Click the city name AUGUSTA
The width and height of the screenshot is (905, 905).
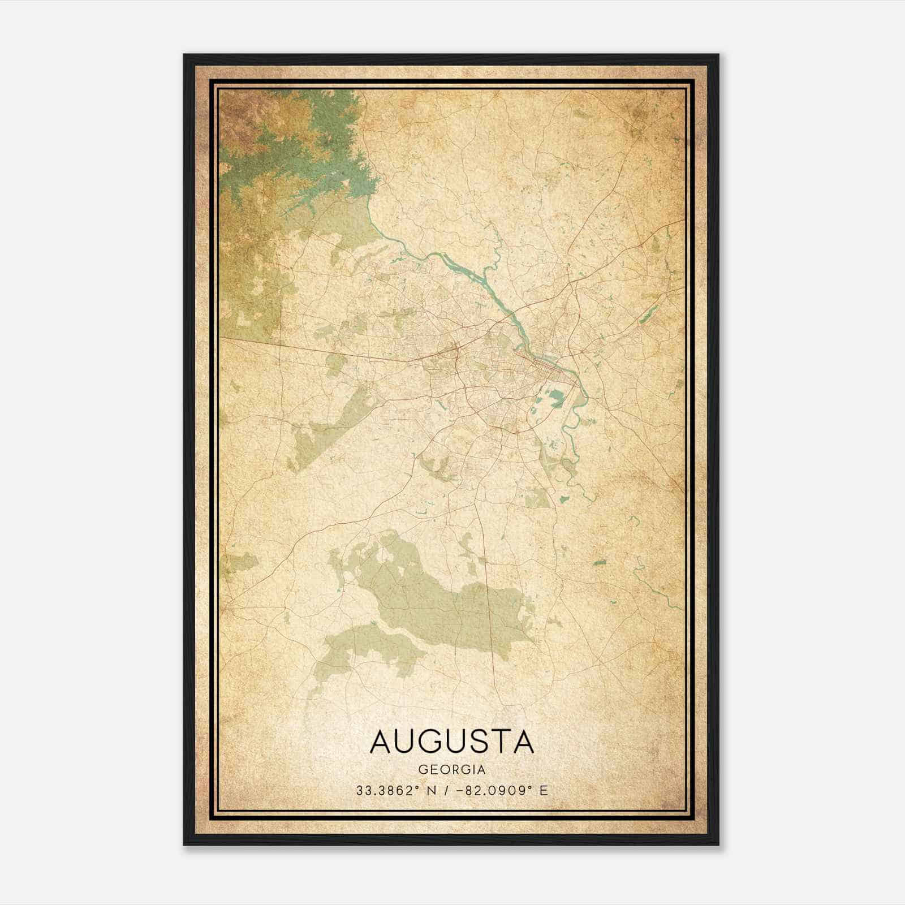point(452,742)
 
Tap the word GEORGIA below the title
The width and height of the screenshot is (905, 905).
point(452,770)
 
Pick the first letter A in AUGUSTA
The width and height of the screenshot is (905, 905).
point(382,742)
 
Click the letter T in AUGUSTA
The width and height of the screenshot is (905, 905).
point(499,742)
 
